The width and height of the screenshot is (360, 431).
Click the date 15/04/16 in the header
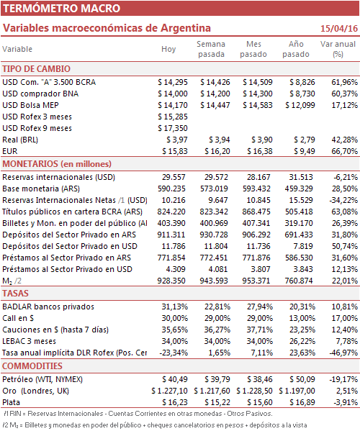tap(339, 28)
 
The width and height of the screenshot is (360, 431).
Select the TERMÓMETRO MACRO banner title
tap(62, 8)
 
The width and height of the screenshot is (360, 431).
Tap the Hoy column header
tap(168, 49)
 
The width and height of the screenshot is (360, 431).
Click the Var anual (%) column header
tap(338, 49)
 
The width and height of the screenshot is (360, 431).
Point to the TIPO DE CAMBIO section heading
tap(36, 69)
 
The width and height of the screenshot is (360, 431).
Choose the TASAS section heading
tap(15, 294)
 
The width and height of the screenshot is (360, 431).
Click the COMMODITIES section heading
tap(32, 366)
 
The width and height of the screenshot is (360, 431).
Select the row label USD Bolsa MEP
tap(30, 105)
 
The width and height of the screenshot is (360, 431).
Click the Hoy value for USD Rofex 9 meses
tap(173, 128)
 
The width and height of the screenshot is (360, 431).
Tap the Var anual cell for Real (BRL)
tap(345, 140)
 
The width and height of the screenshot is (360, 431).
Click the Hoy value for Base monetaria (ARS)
tap(171, 189)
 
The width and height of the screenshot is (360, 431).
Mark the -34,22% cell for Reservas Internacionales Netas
tap(343, 200)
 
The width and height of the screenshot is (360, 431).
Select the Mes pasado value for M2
tap(256, 281)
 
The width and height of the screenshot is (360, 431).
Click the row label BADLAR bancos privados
tap(48, 307)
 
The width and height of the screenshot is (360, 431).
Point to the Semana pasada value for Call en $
tap(217, 318)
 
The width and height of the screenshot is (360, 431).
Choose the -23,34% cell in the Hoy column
tap(174, 353)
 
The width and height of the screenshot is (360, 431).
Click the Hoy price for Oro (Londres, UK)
tap(169, 391)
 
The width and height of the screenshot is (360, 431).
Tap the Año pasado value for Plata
tap(302, 402)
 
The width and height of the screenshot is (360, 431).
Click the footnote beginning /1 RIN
tap(138, 414)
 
